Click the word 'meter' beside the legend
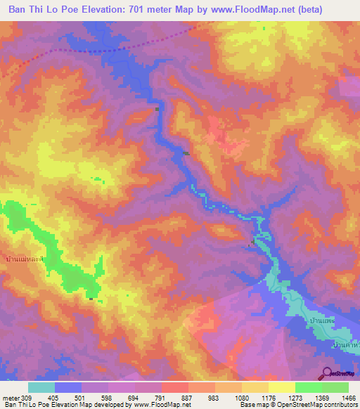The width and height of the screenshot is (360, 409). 11,397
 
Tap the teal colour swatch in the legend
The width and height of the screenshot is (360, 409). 41,387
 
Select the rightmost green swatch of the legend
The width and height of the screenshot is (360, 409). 335,387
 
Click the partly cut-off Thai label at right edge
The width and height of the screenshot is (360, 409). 347,346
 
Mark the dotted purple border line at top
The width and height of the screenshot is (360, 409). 105,51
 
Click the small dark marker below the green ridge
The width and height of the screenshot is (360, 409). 91,299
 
